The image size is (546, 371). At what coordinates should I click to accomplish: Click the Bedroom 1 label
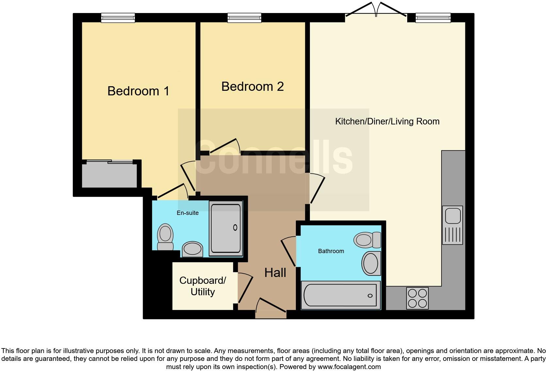coord(138,91)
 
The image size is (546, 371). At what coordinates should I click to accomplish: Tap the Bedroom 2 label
coord(252,87)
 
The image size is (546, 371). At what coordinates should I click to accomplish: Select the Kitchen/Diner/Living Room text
coord(387,121)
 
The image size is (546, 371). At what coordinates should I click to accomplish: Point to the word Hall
coord(275,272)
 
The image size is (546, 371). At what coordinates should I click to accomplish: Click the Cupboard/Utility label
coord(202,286)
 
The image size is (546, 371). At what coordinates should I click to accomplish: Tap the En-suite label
coord(188,213)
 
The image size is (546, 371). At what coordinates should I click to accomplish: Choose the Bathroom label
coord(331,251)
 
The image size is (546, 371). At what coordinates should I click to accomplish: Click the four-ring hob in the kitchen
coord(417,298)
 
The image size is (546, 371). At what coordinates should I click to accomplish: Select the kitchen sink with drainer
coord(453,225)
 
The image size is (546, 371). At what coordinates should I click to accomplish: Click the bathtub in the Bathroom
coord(341,295)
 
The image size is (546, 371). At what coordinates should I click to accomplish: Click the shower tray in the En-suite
coord(226,228)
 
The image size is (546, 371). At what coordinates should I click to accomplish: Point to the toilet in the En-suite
coord(165,237)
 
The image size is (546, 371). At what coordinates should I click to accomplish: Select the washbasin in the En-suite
coord(193,249)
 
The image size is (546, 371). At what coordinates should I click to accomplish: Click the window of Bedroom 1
coord(118,18)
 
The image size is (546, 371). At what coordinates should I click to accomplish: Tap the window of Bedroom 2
coord(244,18)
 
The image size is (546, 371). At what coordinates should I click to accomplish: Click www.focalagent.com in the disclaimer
coord(349,367)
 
